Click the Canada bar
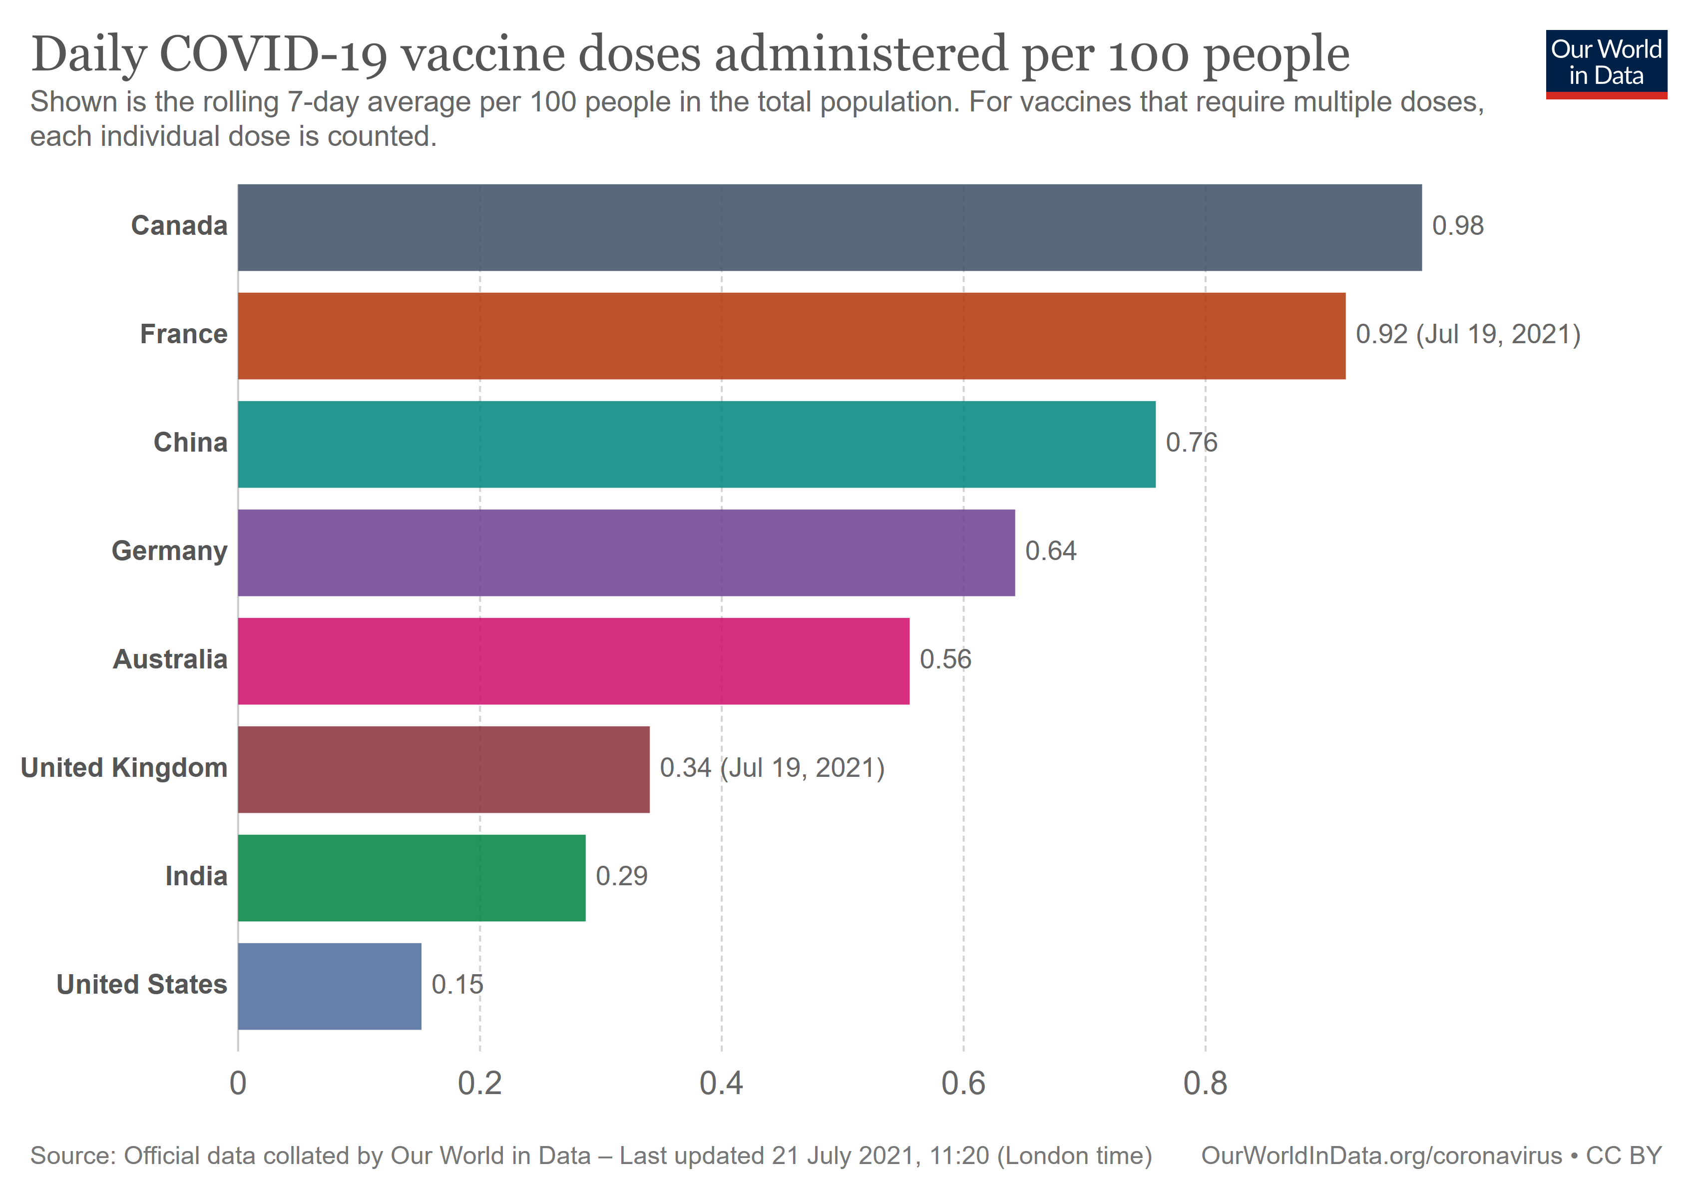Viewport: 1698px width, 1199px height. click(829, 227)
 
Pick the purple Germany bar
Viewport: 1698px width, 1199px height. click(626, 553)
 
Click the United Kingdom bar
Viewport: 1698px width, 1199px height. click(444, 769)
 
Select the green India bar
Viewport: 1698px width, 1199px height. click(411, 877)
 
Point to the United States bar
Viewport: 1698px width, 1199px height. click(329, 986)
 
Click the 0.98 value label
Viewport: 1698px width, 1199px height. click(1457, 226)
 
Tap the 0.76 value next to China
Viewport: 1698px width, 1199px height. click(1191, 442)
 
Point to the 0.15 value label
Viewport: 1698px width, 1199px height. click(456, 985)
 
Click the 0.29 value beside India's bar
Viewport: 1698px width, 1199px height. click(621, 876)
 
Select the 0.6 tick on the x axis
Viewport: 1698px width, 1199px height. click(963, 1084)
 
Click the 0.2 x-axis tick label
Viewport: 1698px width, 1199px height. click(479, 1084)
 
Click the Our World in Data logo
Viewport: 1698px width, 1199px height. click(1606, 63)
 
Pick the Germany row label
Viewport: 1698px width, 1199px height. click(169, 551)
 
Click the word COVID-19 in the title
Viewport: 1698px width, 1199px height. click(272, 55)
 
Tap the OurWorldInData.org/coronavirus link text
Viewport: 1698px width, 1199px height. click(1381, 1156)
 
